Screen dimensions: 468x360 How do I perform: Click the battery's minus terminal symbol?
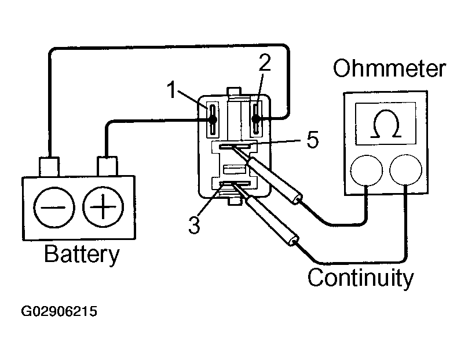(x=54, y=208)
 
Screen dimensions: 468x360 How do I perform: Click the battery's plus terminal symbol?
(x=103, y=207)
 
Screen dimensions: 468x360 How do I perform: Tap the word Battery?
(x=82, y=255)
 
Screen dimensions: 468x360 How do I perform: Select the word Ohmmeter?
(x=389, y=68)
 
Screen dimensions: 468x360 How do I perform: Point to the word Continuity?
(x=360, y=278)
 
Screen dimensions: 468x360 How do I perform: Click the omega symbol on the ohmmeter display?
(x=385, y=123)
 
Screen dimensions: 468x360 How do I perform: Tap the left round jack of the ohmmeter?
(x=366, y=170)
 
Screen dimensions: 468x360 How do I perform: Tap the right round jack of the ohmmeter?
(x=405, y=170)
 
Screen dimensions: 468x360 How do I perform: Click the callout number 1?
(x=171, y=90)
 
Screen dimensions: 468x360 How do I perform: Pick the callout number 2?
(x=265, y=63)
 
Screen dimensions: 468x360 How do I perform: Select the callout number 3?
(x=194, y=225)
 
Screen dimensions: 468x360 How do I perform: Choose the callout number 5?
(x=313, y=140)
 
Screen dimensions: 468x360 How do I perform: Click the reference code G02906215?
(x=59, y=311)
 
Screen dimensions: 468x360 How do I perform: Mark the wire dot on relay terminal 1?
(x=213, y=120)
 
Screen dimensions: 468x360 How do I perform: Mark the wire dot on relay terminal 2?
(x=256, y=119)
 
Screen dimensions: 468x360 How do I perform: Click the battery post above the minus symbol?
(x=49, y=166)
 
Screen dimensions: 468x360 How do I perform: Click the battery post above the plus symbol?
(x=107, y=166)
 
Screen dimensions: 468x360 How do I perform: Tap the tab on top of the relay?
(x=234, y=92)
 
